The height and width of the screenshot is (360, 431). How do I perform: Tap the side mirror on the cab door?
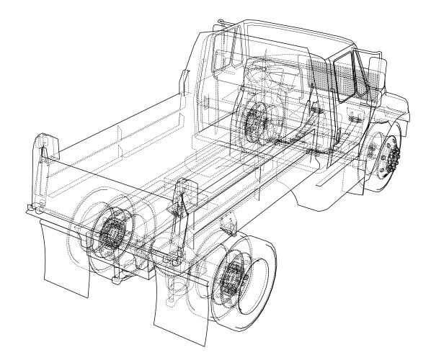[x=376, y=71]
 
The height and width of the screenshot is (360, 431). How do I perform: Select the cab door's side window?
[x=347, y=76]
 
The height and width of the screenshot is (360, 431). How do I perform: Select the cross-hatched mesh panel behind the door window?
[x=317, y=76]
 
